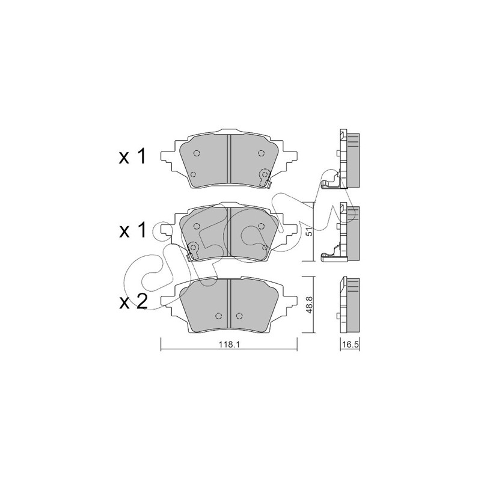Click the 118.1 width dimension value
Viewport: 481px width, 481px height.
pyautogui.click(x=229, y=345)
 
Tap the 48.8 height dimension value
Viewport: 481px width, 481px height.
pyautogui.click(x=310, y=305)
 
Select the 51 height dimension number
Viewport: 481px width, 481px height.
pyautogui.click(x=310, y=231)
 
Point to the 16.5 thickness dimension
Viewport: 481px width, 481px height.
pyautogui.click(x=351, y=345)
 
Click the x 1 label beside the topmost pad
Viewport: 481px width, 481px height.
pyautogui.click(x=132, y=157)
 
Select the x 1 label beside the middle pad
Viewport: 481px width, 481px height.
pyautogui.click(x=132, y=230)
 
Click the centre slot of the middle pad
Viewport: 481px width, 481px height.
pyautogui.click(x=229, y=233)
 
